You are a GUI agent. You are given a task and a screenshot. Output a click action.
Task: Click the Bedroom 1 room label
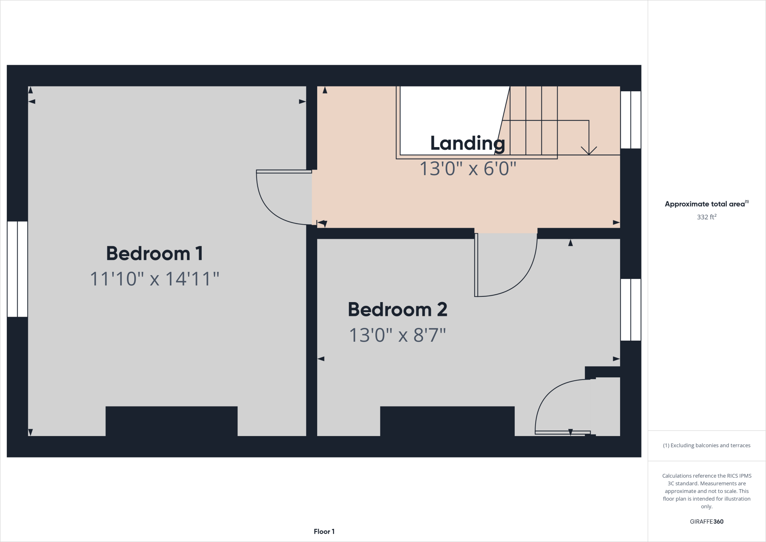click(x=154, y=253)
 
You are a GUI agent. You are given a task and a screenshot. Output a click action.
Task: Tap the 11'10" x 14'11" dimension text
click(x=154, y=279)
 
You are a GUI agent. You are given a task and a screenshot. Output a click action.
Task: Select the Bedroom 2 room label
click(x=397, y=310)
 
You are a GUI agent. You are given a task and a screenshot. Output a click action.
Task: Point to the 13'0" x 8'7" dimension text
click(x=397, y=335)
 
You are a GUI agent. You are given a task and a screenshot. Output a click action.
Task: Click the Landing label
click(x=468, y=143)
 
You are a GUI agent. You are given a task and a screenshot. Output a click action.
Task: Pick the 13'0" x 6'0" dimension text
click(x=468, y=169)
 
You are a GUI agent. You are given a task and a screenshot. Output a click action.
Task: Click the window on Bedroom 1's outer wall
click(x=17, y=269)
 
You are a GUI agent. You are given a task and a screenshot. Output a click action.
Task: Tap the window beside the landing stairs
click(x=631, y=120)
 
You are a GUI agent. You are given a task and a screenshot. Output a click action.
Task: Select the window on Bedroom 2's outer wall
click(x=631, y=310)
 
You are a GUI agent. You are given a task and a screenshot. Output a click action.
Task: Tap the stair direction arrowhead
click(x=589, y=150)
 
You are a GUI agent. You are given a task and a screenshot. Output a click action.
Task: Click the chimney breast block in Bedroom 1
click(x=171, y=421)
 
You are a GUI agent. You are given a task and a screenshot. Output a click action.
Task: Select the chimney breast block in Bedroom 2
click(x=447, y=421)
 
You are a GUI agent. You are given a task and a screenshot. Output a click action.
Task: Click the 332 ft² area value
click(x=707, y=217)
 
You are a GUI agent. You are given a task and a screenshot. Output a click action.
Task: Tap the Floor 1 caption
click(x=324, y=532)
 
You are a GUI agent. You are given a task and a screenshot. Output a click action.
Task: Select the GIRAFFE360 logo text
click(x=707, y=521)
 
